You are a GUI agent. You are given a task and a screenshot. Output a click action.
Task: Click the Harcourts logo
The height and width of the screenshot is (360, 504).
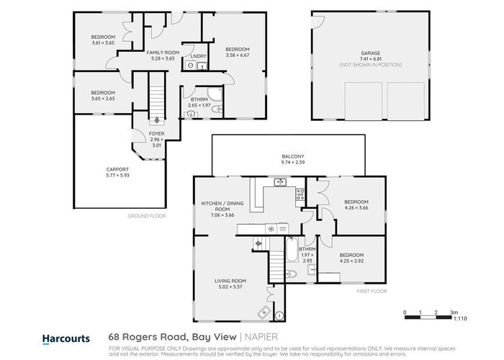pyautogui.click(x=66, y=337)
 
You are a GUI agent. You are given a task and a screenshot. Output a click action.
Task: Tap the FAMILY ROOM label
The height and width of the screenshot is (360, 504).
pyautogui.click(x=163, y=53)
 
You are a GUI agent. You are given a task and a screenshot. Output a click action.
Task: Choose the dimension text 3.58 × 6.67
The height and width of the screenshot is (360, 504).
pyautogui.click(x=237, y=55)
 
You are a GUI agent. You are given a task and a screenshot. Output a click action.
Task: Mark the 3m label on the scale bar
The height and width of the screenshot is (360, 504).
pyautogui.click(x=452, y=312)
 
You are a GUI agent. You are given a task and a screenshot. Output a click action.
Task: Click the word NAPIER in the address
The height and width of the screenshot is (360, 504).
pyautogui.click(x=264, y=336)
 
